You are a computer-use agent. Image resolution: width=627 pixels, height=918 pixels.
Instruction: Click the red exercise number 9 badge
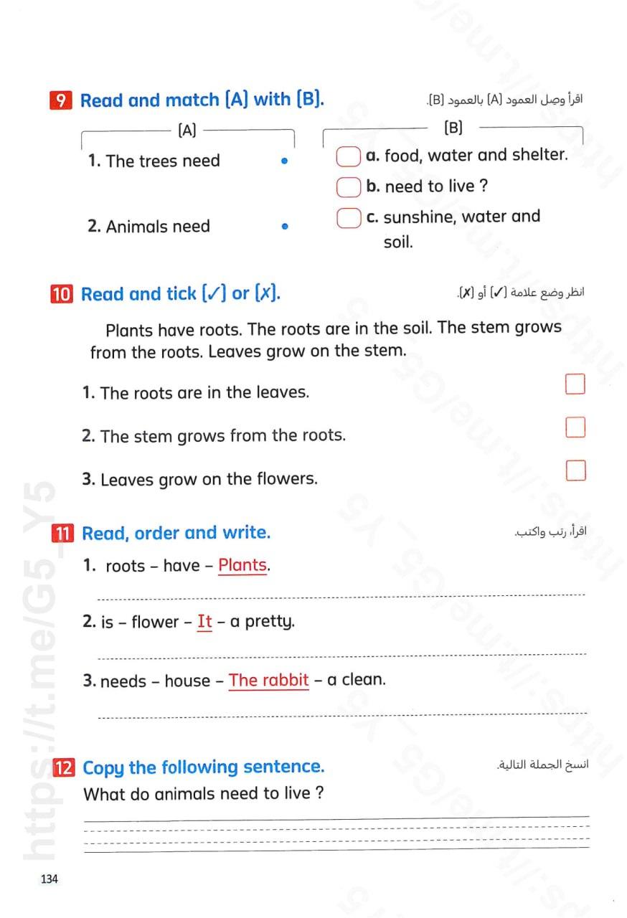(x=62, y=100)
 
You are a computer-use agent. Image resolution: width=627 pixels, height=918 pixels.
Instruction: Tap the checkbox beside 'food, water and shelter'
(x=348, y=156)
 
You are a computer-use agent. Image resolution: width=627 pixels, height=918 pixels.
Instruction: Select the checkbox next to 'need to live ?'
(x=348, y=187)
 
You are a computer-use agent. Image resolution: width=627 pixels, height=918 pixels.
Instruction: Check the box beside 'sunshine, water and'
(x=348, y=217)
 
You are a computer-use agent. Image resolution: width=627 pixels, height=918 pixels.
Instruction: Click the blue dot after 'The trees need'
(x=285, y=161)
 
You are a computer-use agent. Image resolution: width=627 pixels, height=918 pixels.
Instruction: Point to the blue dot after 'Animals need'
(x=285, y=227)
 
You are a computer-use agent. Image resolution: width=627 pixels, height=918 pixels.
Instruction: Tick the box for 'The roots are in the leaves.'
(x=575, y=384)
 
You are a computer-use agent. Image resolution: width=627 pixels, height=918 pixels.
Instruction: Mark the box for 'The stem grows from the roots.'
(x=575, y=427)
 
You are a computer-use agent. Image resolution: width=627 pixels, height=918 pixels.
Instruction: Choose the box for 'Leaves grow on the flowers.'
(x=575, y=470)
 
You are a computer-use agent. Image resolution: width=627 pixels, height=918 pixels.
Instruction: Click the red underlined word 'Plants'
(x=242, y=565)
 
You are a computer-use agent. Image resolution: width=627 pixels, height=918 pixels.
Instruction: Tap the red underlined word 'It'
(x=204, y=622)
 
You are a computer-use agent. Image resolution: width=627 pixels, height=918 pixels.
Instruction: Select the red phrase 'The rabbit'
(x=269, y=680)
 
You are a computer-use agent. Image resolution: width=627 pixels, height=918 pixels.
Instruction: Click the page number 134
(x=49, y=879)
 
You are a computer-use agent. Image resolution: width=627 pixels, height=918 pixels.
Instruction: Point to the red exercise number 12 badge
(x=63, y=767)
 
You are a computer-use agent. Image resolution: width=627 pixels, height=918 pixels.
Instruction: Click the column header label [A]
(x=187, y=131)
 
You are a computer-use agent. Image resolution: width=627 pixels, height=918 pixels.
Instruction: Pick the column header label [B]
(x=453, y=128)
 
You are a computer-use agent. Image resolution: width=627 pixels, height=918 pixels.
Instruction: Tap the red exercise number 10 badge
(x=62, y=294)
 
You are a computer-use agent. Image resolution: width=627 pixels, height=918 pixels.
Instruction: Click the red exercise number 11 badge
(x=63, y=534)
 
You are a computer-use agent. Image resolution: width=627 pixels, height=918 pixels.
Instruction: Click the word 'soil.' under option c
(x=398, y=242)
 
